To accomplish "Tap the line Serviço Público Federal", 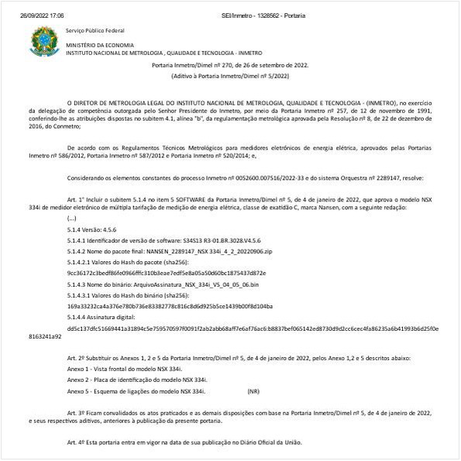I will coord(95,30).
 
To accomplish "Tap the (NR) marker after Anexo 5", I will coord(253,392).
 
